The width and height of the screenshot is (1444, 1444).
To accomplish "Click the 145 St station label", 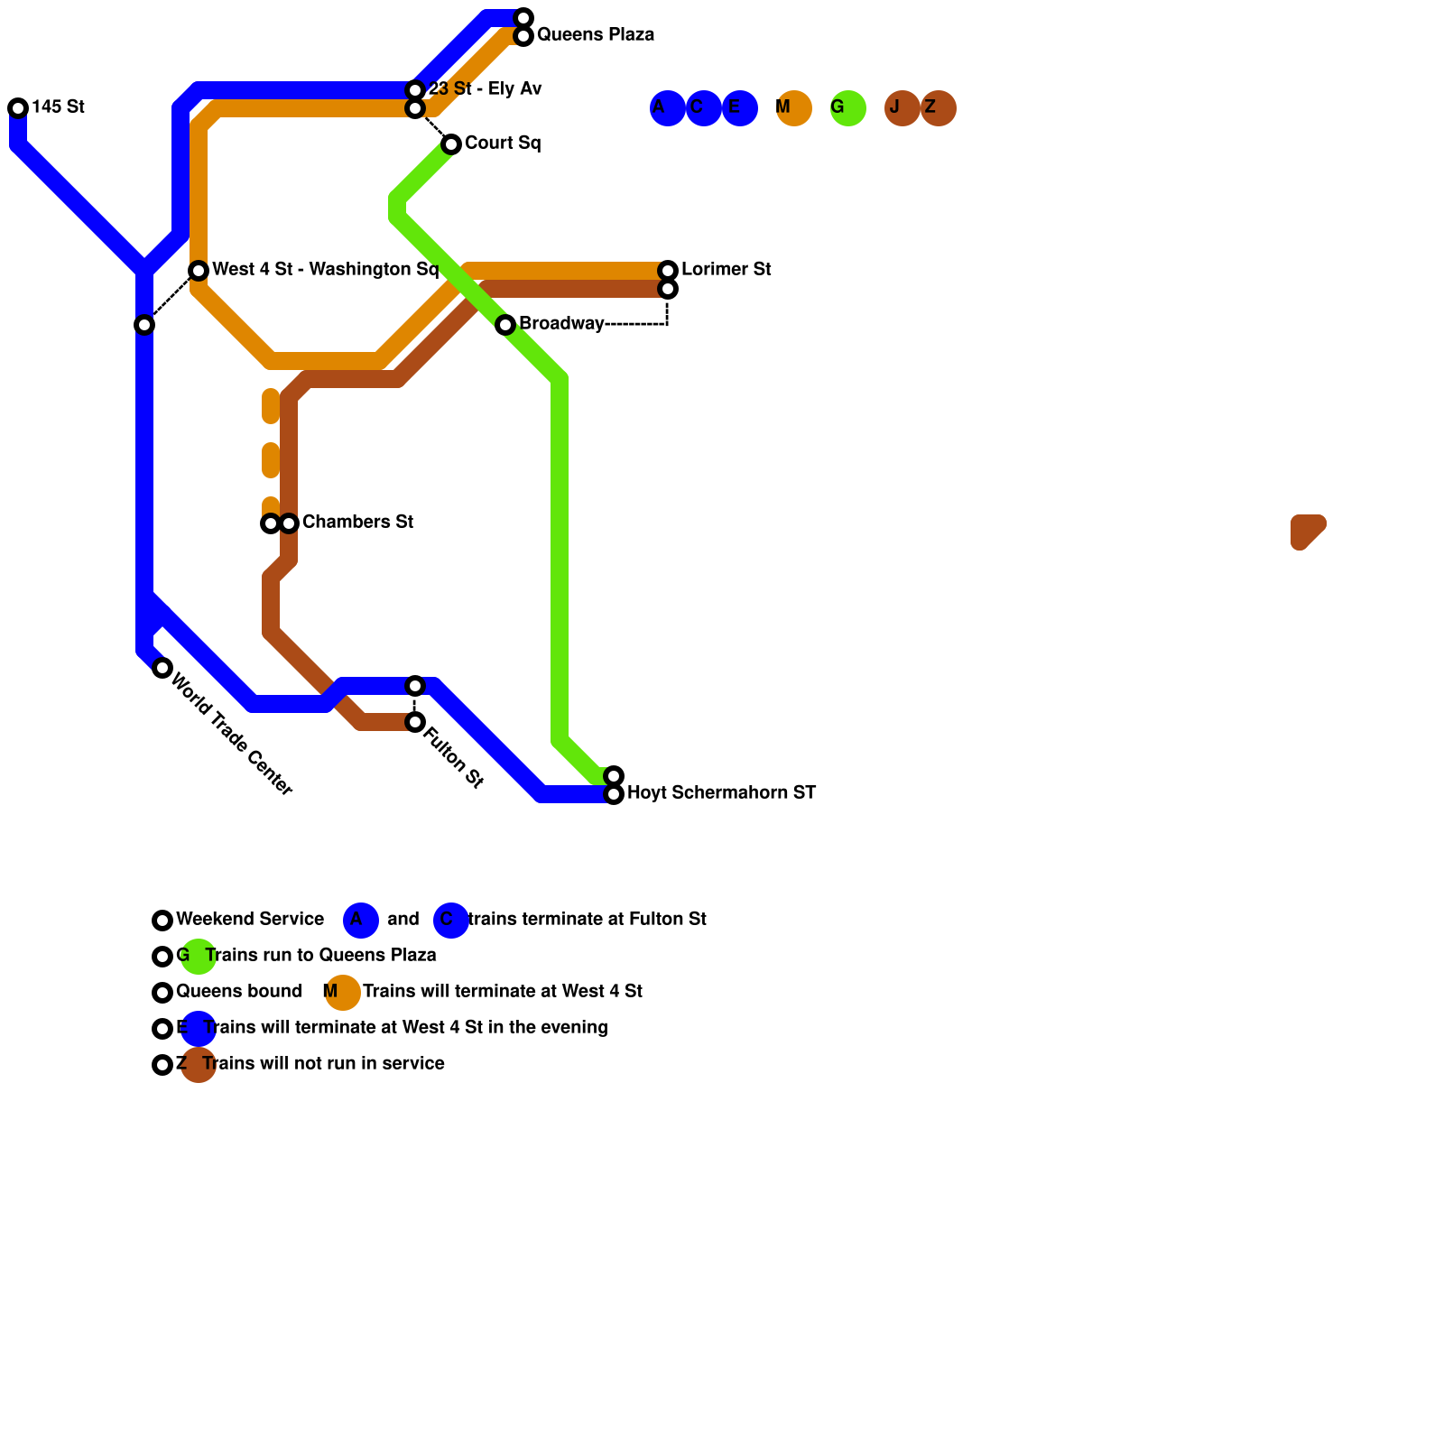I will pyautogui.click(x=58, y=107).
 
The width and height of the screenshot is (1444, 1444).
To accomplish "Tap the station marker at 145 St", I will pyautogui.click(x=18, y=108).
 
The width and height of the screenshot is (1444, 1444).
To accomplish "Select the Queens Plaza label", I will pyautogui.click(x=595, y=35).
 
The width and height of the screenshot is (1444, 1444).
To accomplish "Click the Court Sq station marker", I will pyautogui.click(x=451, y=144).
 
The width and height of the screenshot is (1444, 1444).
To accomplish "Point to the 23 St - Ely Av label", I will pyautogui.click(x=485, y=89).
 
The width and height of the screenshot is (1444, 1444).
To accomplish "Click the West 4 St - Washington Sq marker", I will pyautogui.click(x=199, y=271).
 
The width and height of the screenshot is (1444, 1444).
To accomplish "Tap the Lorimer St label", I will pyautogui.click(x=726, y=270).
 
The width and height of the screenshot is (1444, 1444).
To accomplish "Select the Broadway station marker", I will pyautogui.click(x=505, y=325).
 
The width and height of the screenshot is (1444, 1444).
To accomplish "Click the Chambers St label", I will pyautogui.click(x=357, y=523).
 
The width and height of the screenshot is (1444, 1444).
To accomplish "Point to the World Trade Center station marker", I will pyautogui.click(x=162, y=668).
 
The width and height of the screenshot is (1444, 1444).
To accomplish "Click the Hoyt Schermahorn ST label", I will pyautogui.click(x=721, y=793).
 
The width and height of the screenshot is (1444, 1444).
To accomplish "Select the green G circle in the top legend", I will pyautogui.click(x=848, y=108).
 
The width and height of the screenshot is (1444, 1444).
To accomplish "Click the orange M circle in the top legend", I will pyautogui.click(x=794, y=108).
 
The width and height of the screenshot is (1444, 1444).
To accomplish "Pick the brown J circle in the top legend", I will pyautogui.click(x=902, y=108).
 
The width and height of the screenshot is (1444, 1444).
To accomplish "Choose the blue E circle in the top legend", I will pyautogui.click(x=740, y=108).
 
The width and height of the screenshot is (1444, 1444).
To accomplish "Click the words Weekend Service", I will pyautogui.click(x=250, y=920).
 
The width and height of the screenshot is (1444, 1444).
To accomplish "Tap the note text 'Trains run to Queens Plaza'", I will pyautogui.click(x=320, y=956).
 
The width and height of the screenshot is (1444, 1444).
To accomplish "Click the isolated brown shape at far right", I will pyautogui.click(x=1306, y=531).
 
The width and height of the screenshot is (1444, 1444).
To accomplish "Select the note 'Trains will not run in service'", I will pyautogui.click(x=323, y=1064).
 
